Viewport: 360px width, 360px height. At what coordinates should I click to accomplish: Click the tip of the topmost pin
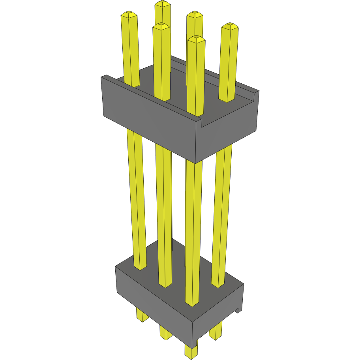(x=163, y=4)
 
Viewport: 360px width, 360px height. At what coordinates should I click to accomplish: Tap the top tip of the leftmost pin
(x=129, y=15)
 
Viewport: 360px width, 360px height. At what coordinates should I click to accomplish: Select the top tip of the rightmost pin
(x=231, y=26)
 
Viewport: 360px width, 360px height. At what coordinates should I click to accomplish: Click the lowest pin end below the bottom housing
(x=191, y=353)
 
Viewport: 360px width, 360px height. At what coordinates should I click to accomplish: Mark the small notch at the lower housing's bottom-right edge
(x=238, y=310)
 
